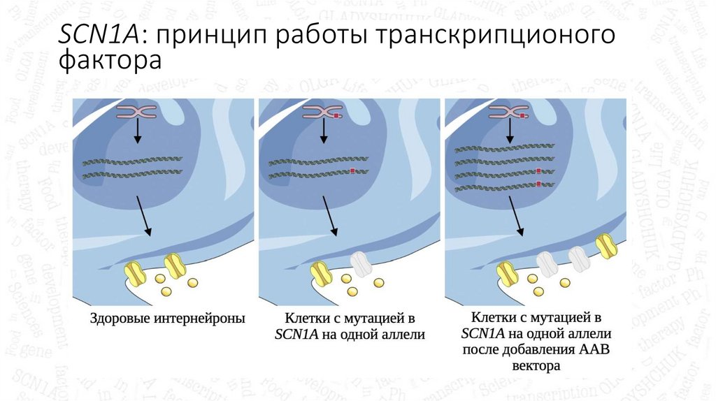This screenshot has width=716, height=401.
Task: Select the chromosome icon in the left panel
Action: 137,112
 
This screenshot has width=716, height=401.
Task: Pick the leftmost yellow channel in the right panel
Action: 506,272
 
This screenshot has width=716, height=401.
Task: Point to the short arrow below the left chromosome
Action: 137,131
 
